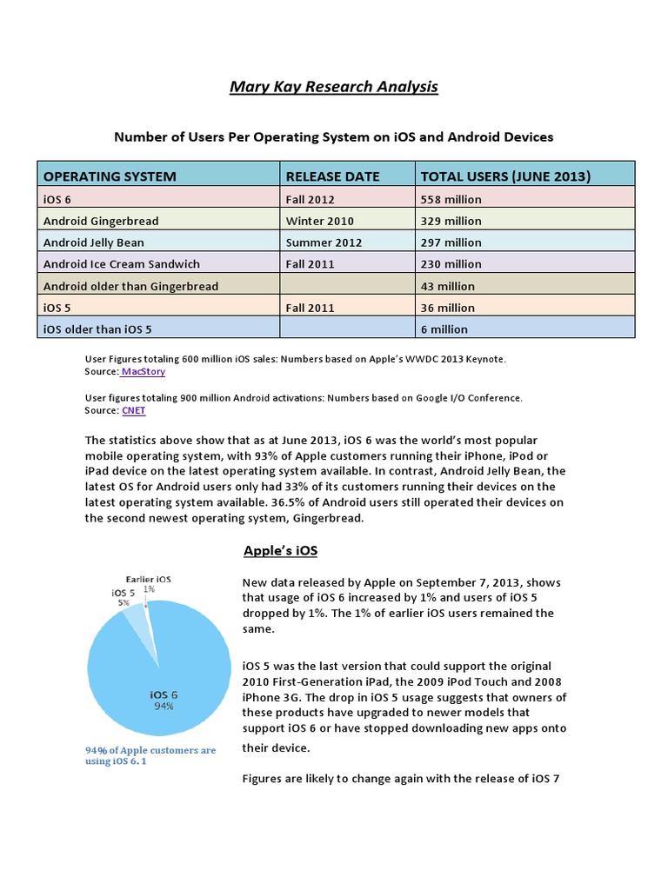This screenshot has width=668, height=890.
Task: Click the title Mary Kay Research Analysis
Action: tap(334, 87)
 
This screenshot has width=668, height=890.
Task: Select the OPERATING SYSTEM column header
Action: tap(110, 176)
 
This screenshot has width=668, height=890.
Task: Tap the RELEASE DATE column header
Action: tap(332, 176)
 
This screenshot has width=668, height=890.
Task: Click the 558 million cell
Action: tap(451, 199)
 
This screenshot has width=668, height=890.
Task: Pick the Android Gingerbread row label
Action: tap(101, 221)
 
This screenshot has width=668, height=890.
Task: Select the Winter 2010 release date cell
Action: tap(319, 221)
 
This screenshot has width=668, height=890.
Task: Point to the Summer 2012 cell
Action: tap(324, 242)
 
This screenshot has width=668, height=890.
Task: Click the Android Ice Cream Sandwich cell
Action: tap(122, 264)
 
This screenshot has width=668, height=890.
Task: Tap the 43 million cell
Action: tap(448, 286)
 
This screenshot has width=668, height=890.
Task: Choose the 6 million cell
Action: tap(444, 329)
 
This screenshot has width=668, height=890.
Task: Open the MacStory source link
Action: tap(143, 371)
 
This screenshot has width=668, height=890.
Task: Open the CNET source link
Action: tap(134, 410)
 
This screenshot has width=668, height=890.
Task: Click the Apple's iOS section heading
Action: tap(279, 551)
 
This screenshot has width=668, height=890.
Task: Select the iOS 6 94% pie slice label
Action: tap(164, 700)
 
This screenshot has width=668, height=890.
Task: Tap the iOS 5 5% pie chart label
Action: tap(123, 596)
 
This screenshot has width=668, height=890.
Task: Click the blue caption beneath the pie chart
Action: tap(150, 755)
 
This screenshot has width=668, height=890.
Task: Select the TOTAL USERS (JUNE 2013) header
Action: tap(505, 176)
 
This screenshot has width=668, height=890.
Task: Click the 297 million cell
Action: tap(451, 242)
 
